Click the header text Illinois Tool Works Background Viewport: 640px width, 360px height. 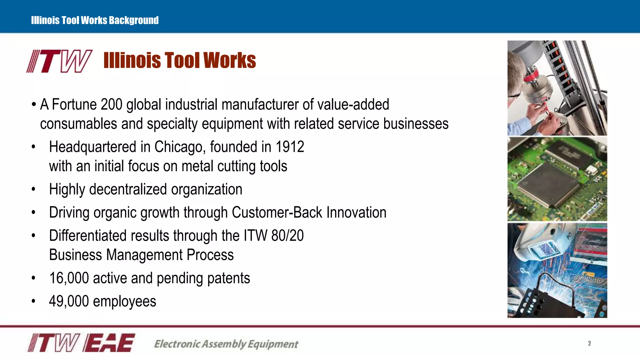click(x=95, y=20)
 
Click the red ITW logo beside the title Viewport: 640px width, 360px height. click(x=59, y=61)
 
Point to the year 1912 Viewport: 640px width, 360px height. click(x=290, y=147)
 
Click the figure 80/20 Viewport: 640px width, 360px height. click(x=287, y=236)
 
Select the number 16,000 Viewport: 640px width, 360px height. click(x=69, y=278)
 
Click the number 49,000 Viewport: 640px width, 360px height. click(x=69, y=301)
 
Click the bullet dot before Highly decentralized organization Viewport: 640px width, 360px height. click(x=33, y=189)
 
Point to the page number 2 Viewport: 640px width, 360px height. click(x=589, y=343)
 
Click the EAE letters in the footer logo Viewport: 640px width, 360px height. click(x=109, y=343)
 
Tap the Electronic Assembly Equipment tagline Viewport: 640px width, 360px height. click(x=226, y=344)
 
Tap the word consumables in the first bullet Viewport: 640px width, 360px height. click(x=78, y=124)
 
